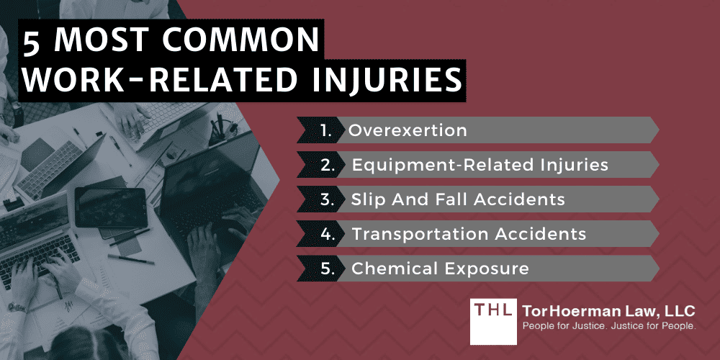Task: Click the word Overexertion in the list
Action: pos(408,131)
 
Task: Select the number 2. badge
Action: pos(328,166)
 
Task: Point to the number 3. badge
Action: pos(328,199)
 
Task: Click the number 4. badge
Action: pos(328,234)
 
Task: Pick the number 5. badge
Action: pos(328,269)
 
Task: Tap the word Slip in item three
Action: pos(368,199)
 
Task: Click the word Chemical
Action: pos(387,269)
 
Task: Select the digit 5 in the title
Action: pos(32,42)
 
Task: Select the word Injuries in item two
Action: pos(574,166)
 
